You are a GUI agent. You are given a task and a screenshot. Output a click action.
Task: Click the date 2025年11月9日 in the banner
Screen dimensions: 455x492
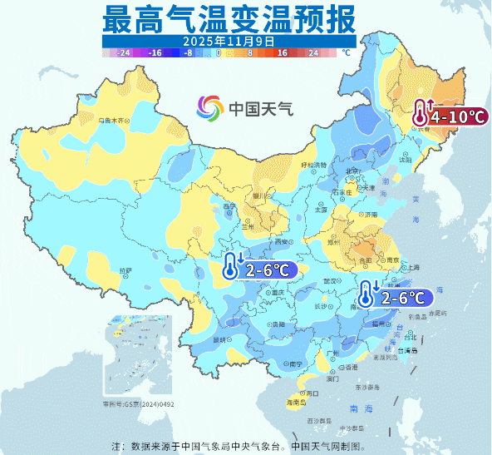(229, 39)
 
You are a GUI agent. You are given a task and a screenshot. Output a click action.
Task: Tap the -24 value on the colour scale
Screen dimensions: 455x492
(125, 52)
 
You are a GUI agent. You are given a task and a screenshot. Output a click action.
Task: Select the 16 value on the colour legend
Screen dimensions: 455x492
(282, 52)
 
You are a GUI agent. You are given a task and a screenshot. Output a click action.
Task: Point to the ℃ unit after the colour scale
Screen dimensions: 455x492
(346, 52)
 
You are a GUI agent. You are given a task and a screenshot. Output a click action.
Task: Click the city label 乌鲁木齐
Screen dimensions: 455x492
(113, 121)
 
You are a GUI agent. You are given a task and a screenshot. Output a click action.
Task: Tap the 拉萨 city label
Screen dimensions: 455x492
(125, 271)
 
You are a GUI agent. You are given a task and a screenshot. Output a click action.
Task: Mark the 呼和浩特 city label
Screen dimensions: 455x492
(314, 165)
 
